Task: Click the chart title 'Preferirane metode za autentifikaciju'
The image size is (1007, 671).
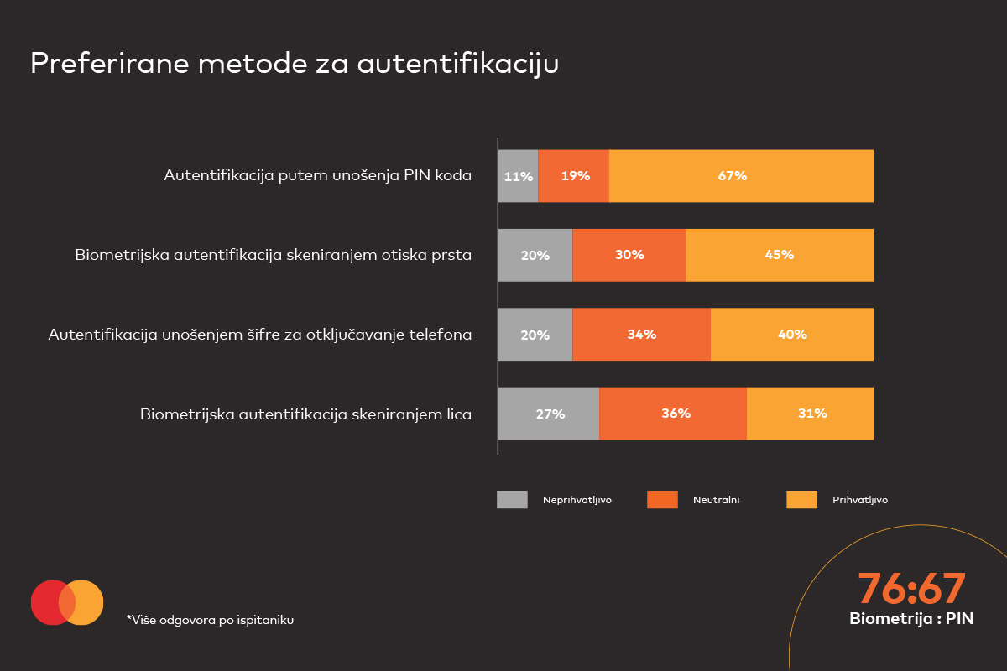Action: [x=294, y=64]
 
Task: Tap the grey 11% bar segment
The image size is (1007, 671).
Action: [x=518, y=176]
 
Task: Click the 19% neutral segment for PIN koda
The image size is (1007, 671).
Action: [x=574, y=176]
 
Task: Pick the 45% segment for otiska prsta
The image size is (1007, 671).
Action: [x=780, y=255]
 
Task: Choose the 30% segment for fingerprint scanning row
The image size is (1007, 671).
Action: [x=629, y=255]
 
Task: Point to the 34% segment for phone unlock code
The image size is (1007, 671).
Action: [x=642, y=334]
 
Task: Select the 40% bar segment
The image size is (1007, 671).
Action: [x=792, y=334]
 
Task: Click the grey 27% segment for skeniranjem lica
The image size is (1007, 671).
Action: [x=549, y=414]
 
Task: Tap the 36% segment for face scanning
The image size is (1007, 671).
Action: [x=673, y=414]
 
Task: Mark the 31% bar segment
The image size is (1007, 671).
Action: [x=810, y=414]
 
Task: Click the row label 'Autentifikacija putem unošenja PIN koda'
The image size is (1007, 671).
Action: [x=317, y=176]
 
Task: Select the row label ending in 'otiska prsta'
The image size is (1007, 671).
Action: [x=273, y=255]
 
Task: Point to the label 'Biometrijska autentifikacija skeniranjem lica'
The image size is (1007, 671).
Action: [x=305, y=414]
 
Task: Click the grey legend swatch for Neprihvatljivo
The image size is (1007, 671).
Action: [x=512, y=500]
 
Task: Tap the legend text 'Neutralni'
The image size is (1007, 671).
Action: [x=716, y=500]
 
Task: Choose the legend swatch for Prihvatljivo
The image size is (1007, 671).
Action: [x=801, y=500]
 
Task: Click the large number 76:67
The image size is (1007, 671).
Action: [x=911, y=590]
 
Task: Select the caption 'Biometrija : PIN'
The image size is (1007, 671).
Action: [x=911, y=619]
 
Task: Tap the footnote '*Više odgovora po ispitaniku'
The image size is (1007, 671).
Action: [x=210, y=620]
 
